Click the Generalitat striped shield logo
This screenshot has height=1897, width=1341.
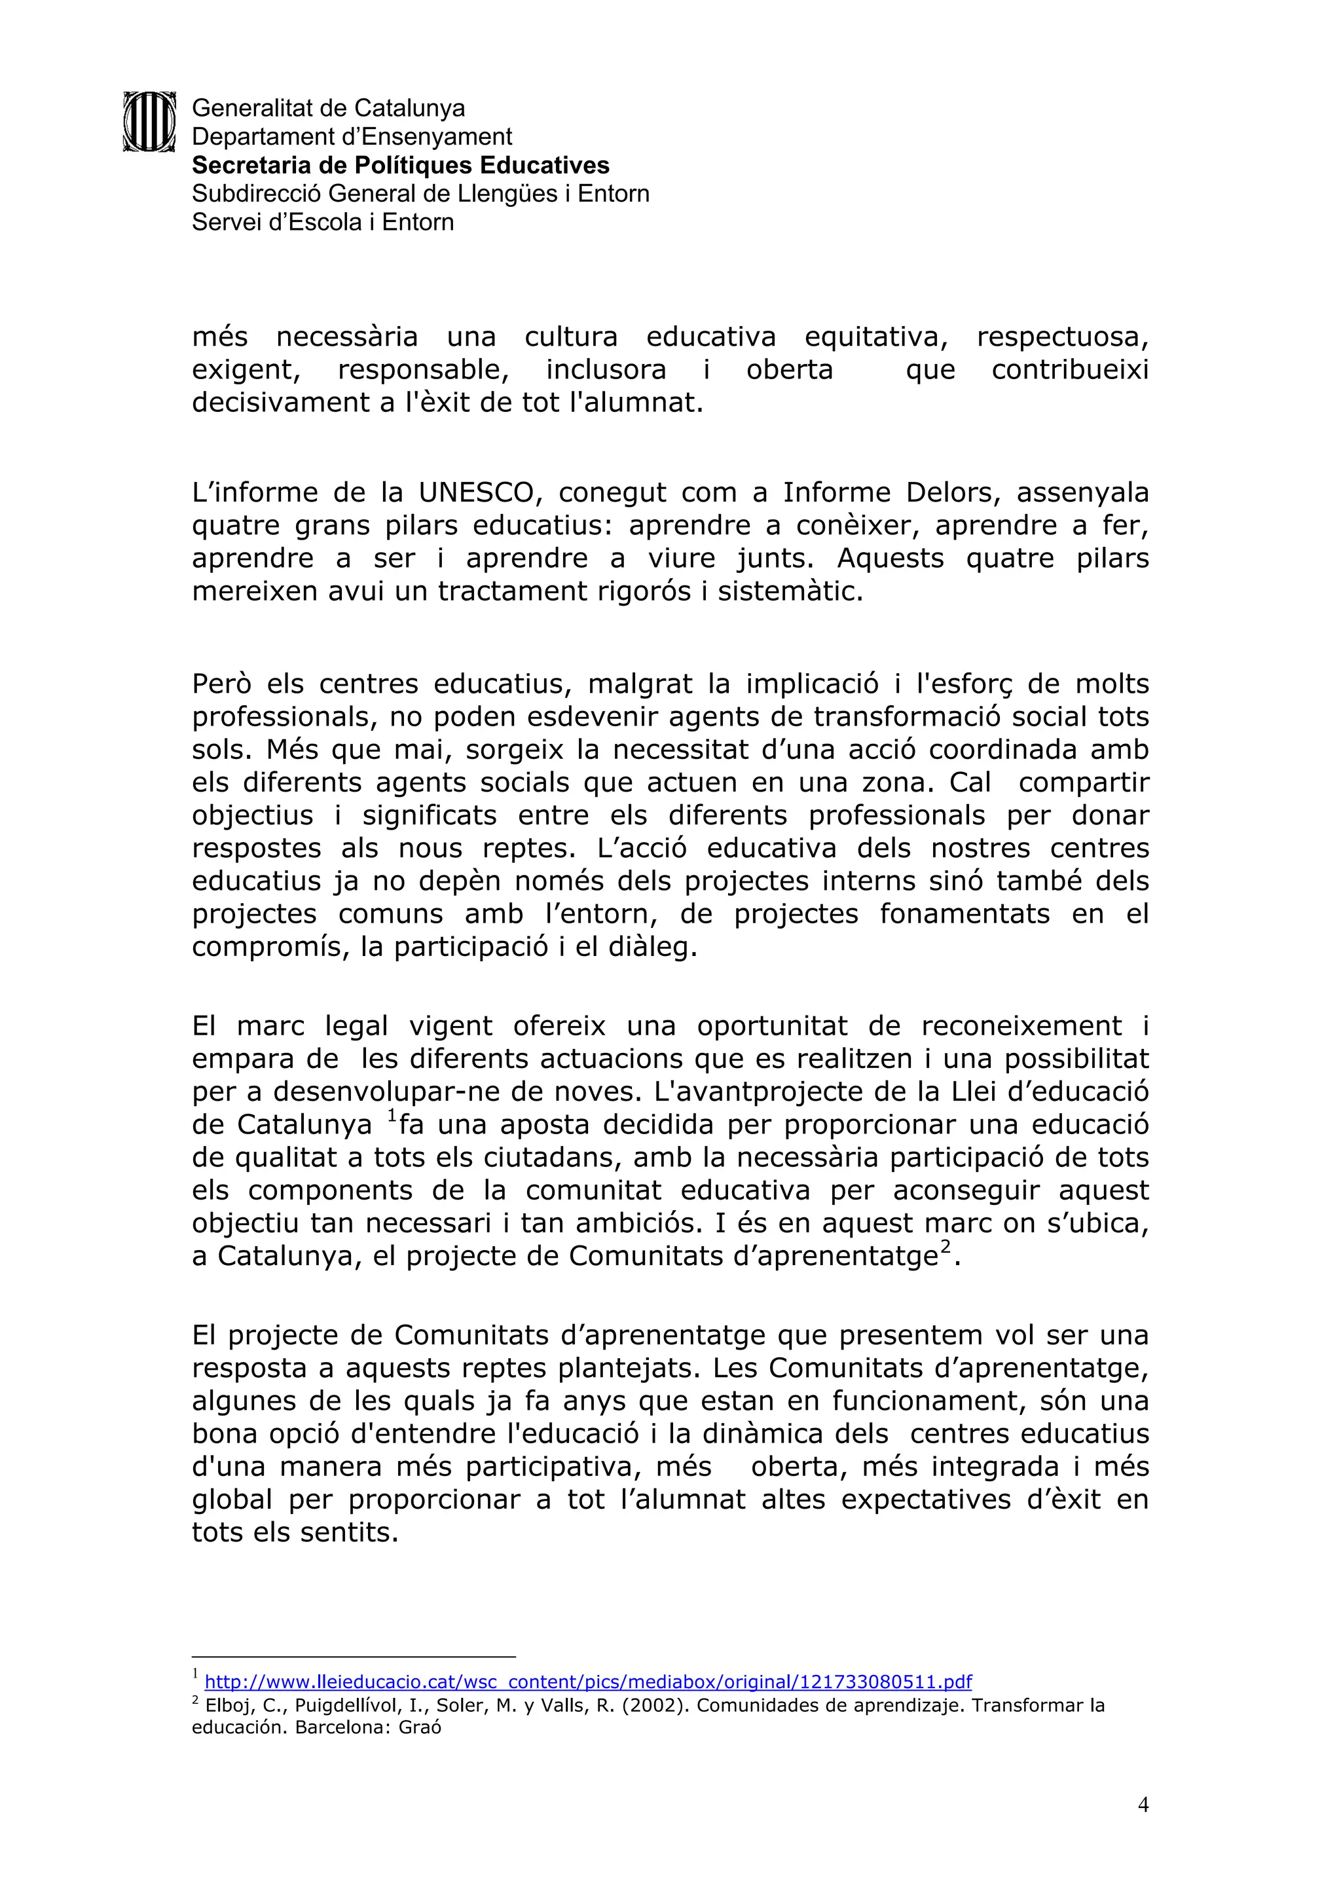pos(149,121)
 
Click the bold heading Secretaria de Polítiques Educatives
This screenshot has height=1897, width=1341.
pos(401,165)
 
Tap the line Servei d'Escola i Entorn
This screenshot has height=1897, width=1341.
pos(322,222)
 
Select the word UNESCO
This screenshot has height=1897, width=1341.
pos(477,493)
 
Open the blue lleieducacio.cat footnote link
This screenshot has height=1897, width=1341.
pos(587,1682)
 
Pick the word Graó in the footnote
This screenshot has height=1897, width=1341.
pos(420,1727)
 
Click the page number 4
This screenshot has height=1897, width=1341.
pos(1143,1805)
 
